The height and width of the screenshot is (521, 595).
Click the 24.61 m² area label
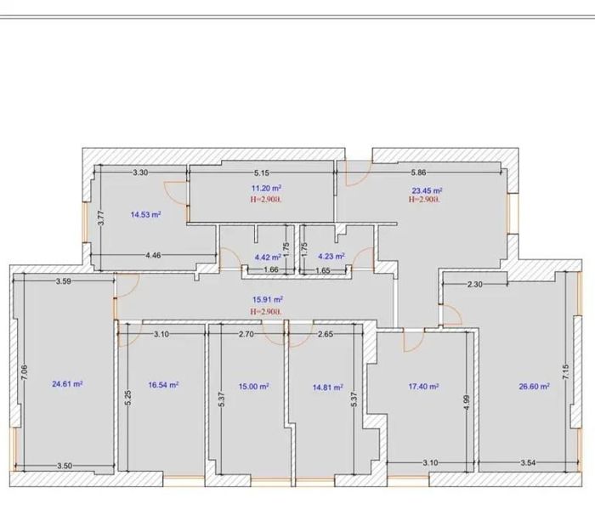[x=67, y=384]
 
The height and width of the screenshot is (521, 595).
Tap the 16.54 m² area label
[x=163, y=385]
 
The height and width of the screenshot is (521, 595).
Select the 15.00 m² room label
[x=254, y=387]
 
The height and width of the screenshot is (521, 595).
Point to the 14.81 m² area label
[x=328, y=388]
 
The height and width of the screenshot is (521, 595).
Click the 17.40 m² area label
[x=424, y=387]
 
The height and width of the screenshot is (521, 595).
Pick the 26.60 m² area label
[x=535, y=387]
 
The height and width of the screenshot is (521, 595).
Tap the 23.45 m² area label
[x=428, y=190]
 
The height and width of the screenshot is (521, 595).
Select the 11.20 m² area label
[x=266, y=188]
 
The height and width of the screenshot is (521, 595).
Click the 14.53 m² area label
[x=145, y=215]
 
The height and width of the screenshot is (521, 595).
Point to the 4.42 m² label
[x=268, y=257]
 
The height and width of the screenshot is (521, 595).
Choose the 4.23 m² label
[x=331, y=257]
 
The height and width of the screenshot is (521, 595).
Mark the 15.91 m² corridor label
[x=268, y=300]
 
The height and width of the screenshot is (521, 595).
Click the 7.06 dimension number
[x=25, y=372]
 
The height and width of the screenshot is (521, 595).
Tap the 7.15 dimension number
[x=566, y=372]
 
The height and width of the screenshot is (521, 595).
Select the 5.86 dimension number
[x=418, y=173]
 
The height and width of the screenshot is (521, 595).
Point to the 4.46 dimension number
[x=153, y=255]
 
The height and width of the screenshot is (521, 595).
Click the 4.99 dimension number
[x=467, y=403]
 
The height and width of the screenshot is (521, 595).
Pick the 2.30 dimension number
[x=474, y=284]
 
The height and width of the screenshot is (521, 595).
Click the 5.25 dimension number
[x=127, y=398]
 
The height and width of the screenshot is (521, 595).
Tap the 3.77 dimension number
[x=101, y=218]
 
